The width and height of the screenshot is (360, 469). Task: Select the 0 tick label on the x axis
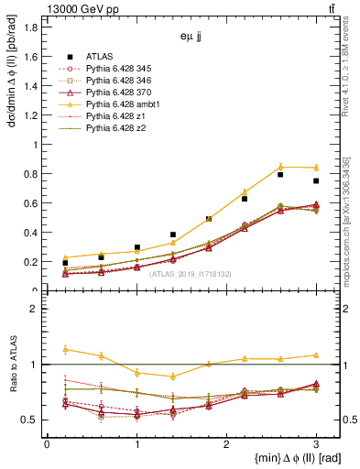point(47,444)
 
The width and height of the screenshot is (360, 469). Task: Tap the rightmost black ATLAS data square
point(316,180)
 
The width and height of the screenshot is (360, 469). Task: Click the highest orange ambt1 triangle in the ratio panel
point(65,349)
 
